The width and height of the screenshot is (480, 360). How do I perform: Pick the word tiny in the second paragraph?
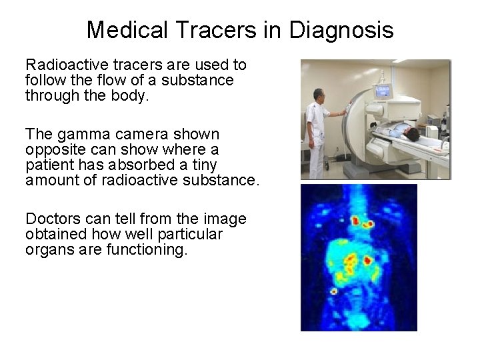204,165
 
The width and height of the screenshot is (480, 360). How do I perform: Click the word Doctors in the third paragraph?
51,219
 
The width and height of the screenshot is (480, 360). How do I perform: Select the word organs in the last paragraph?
48,250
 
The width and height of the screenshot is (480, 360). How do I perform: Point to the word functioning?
147,250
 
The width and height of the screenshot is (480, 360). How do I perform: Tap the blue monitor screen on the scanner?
384,92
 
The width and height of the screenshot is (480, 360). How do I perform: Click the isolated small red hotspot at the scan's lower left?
334,291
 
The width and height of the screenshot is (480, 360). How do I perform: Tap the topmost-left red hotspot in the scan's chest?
355,220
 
